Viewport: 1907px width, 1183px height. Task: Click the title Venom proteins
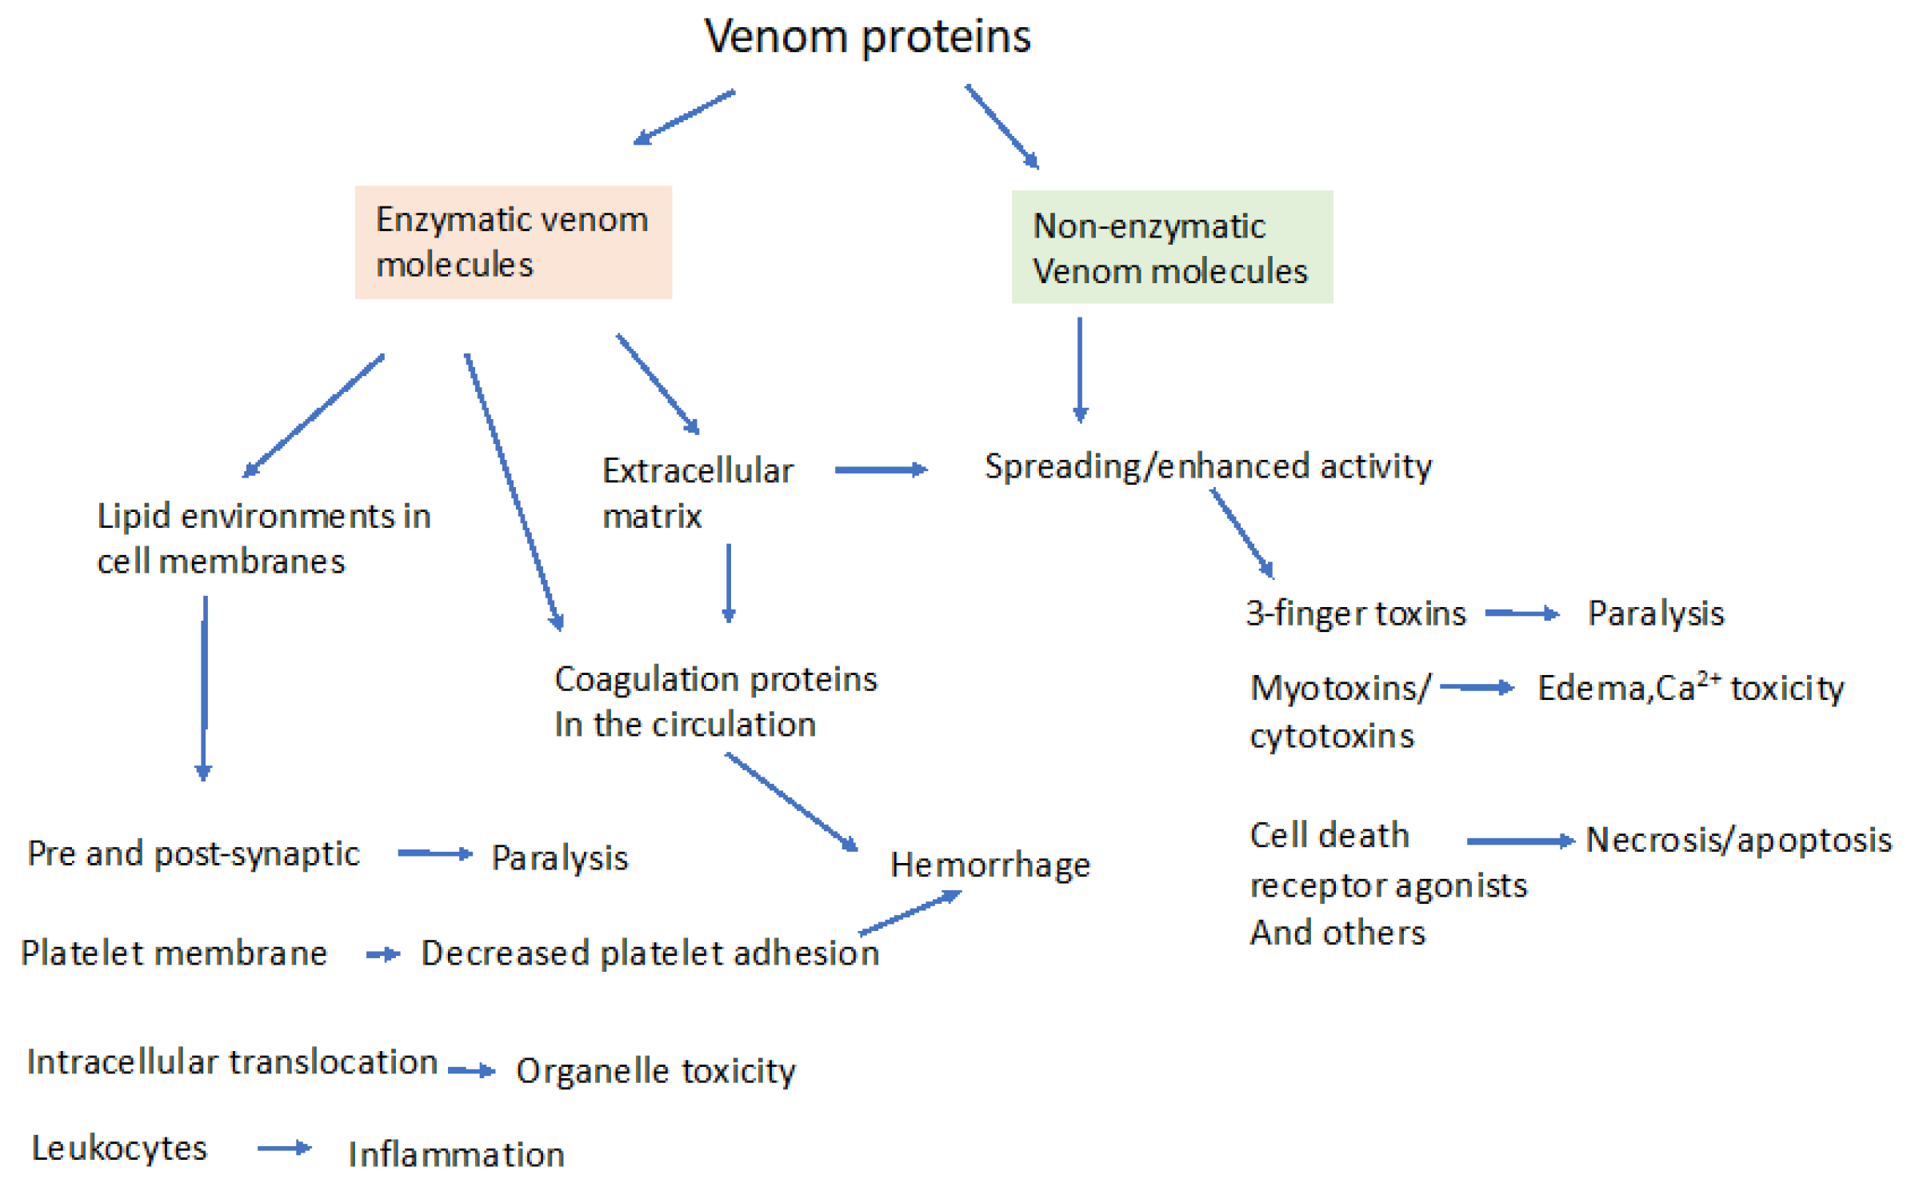[x=867, y=37]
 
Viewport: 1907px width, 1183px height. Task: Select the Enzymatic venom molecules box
[x=513, y=242]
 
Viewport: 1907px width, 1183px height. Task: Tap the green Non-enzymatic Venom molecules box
[x=1171, y=247]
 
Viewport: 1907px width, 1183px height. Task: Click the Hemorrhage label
[x=989, y=865]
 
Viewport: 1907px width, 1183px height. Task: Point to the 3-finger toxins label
[x=1355, y=614]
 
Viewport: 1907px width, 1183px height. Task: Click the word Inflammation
[x=456, y=1154]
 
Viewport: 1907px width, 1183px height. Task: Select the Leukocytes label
[x=119, y=1149]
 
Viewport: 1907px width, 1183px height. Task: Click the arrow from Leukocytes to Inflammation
[x=284, y=1149]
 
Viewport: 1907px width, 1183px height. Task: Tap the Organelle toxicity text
[x=655, y=1071]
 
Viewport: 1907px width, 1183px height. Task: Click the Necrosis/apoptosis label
[x=1738, y=840]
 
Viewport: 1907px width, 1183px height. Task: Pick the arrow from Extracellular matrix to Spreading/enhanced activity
[x=880, y=470]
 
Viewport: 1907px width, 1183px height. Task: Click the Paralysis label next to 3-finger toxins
[x=1655, y=614]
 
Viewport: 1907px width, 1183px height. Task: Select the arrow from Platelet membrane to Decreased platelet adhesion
[x=383, y=954]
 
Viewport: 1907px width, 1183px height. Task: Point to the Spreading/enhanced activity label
[x=1207, y=466]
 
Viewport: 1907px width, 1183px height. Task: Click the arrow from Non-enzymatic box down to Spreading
[x=1080, y=368]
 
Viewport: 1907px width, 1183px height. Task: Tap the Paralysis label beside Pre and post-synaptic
[x=559, y=858]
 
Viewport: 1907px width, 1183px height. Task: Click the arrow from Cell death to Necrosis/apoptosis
[x=1520, y=841]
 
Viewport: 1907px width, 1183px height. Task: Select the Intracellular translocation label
[x=232, y=1063]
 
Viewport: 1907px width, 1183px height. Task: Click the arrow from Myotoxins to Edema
[x=1476, y=687]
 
